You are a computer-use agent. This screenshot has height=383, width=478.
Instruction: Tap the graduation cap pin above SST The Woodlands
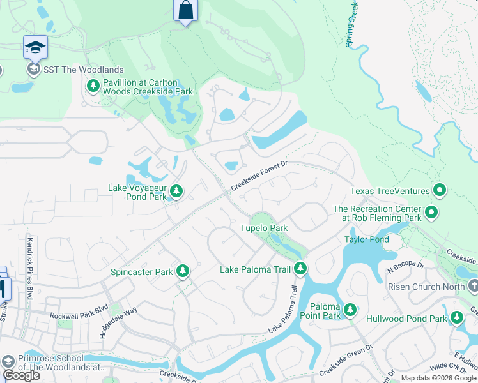[x=35, y=47]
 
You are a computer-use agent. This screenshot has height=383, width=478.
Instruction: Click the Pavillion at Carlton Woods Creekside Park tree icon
[x=93, y=86]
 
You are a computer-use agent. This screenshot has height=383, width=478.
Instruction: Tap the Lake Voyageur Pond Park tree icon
[x=176, y=191]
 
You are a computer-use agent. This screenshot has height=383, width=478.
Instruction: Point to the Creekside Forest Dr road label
[x=260, y=174]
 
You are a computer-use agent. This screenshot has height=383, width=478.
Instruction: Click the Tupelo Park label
[x=263, y=228]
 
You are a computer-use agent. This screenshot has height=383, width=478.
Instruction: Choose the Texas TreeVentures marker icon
[x=439, y=190]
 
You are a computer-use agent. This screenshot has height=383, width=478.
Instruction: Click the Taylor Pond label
[x=366, y=239]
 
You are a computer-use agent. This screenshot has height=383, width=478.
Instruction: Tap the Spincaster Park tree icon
[x=183, y=272]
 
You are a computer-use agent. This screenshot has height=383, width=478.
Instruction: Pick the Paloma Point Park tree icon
[x=350, y=310]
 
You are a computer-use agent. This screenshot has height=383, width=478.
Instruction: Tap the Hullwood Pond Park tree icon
[x=456, y=317]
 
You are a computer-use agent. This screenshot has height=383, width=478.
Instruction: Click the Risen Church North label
[x=426, y=287]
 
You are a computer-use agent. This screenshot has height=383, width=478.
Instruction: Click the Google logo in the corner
[x=21, y=375]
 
